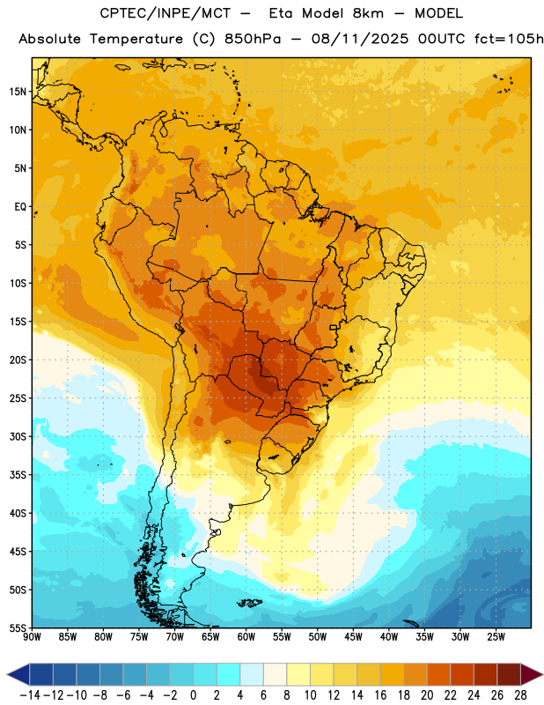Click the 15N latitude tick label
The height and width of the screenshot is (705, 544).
(x=18, y=92)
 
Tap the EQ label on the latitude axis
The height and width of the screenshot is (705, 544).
(x=20, y=207)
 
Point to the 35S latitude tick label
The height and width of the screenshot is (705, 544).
(x=18, y=475)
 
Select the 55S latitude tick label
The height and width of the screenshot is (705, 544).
(x=18, y=627)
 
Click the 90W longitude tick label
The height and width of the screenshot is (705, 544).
(x=32, y=636)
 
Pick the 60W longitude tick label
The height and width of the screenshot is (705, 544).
(x=246, y=636)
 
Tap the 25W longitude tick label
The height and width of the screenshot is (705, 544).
(x=496, y=636)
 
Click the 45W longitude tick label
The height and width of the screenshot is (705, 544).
(x=353, y=636)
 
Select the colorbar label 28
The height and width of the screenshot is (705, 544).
(x=520, y=695)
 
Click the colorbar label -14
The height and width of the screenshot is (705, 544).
(x=30, y=695)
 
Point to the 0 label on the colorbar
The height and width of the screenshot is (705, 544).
(x=193, y=695)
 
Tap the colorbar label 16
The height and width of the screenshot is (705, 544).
(x=380, y=695)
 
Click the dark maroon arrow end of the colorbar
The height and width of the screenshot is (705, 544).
(x=531, y=674)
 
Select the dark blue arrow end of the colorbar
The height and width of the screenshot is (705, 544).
(x=18, y=674)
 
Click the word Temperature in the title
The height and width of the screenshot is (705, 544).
(x=136, y=39)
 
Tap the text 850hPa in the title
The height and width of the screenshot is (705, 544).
(x=253, y=39)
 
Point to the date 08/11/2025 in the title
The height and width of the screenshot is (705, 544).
(x=360, y=39)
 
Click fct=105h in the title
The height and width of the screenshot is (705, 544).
(x=509, y=39)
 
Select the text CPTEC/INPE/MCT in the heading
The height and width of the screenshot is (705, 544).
(x=165, y=13)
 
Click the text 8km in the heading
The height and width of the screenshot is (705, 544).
(x=368, y=13)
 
